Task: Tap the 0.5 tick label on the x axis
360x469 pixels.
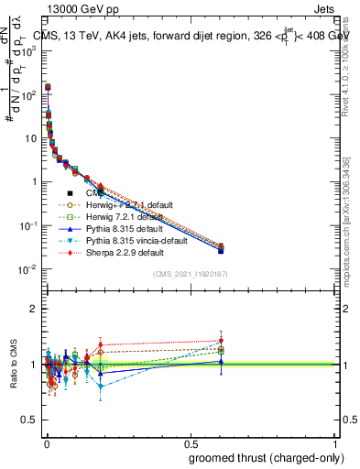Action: [191, 442]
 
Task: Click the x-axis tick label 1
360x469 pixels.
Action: [335, 442]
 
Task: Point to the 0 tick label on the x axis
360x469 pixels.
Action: [46, 442]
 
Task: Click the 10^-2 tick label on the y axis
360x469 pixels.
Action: [28, 268]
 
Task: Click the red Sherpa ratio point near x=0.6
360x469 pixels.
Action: [220, 341]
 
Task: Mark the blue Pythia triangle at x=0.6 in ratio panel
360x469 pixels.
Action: [220, 361]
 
